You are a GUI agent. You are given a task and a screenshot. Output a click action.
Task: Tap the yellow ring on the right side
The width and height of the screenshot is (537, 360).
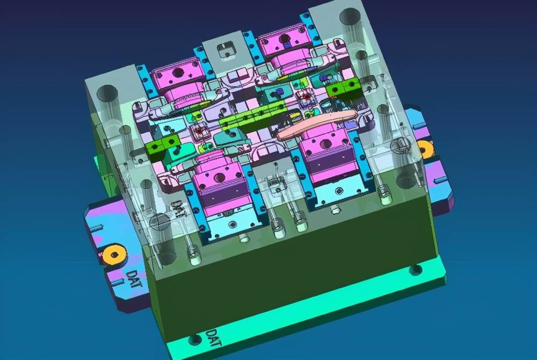[426, 150]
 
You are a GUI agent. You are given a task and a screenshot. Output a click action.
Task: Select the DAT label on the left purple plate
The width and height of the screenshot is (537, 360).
[132, 279]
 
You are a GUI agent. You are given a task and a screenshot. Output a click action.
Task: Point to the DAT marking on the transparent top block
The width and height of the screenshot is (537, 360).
[178, 209]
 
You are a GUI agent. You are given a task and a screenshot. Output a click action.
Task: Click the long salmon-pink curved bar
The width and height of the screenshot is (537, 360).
[317, 125]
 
